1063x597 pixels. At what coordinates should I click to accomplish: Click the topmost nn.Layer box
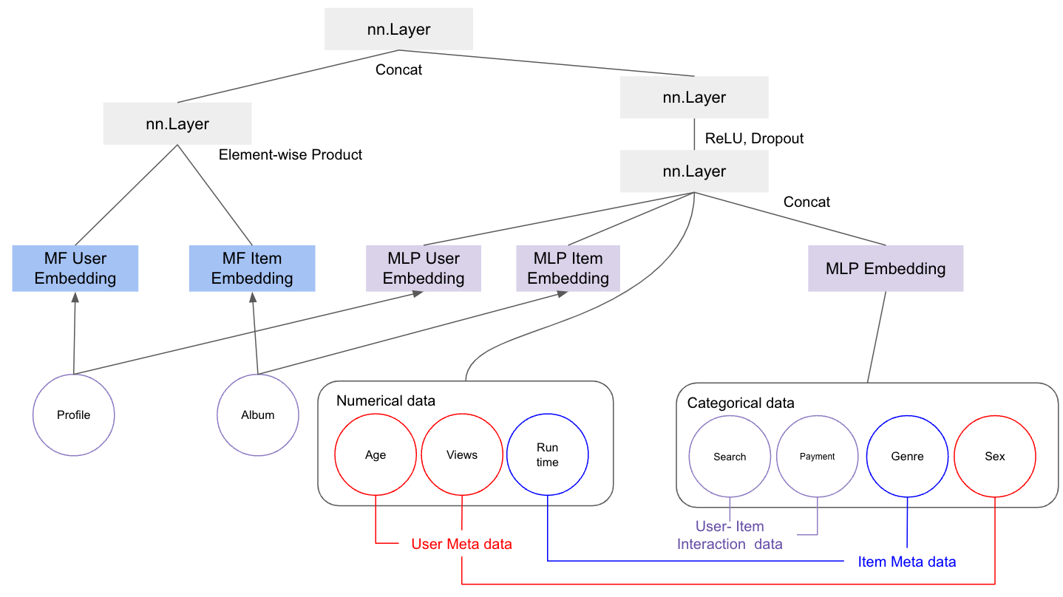tap(398, 30)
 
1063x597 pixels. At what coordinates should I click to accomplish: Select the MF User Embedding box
tap(75, 268)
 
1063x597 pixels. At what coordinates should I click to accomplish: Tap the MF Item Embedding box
tap(252, 268)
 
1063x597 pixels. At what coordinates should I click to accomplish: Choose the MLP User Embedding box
tap(424, 268)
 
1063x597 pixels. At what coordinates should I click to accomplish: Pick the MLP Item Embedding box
tap(568, 268)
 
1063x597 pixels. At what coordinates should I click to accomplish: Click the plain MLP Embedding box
tap(885, 269)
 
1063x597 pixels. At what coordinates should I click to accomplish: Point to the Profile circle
tap(74, 415)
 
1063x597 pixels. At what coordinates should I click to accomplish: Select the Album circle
tap(258, 415)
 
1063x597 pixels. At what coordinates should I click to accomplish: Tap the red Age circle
tap(376, 454)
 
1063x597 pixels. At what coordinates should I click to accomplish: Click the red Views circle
tap(462, 454)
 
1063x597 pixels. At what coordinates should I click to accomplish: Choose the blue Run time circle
tap(548, 454)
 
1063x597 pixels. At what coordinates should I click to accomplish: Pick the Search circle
tap(730, 457)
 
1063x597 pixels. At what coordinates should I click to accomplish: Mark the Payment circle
tap(818, 457)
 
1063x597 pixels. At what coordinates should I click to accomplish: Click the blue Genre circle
tap(907, 457)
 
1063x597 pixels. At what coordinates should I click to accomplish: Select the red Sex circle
tap(995, 457)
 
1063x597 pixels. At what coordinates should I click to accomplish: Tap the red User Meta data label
tap(461, 545)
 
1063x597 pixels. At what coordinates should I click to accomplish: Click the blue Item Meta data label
tap(906, 562)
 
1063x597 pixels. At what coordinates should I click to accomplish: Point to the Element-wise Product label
tap(291, 155)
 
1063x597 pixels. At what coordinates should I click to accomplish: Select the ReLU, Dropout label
tap(754, 138)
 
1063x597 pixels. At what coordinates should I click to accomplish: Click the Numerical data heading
tap(386, 401)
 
